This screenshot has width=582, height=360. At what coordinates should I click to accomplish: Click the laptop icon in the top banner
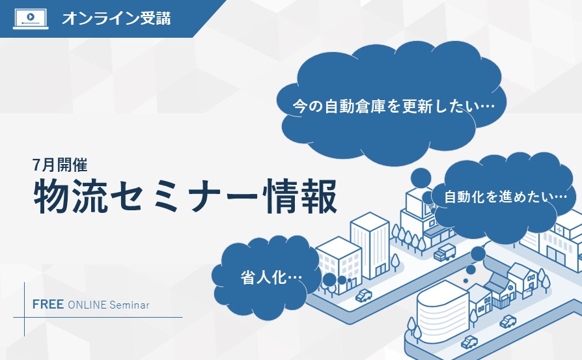point(31,19)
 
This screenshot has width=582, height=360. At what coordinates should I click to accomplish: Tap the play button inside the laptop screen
point(31,17)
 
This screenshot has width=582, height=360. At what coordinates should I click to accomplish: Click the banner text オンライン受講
point(116,18)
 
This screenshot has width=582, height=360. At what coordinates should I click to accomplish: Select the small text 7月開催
point(60,165)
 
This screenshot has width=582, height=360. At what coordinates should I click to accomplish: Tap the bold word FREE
point(48,305)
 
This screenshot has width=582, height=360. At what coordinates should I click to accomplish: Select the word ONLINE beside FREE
point(87,305)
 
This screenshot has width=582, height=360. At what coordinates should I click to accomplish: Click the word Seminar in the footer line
point(130,305)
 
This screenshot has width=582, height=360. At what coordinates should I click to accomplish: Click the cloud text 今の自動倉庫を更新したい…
point(393,106)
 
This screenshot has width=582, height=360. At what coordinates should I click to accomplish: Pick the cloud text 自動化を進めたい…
point(506,197)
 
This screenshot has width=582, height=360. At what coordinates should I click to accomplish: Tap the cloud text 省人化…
point(271,277)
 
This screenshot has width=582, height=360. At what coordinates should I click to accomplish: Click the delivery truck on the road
point(445,253)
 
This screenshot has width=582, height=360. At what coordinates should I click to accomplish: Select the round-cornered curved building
point(442,311)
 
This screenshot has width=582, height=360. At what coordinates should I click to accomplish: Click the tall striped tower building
point(370,245)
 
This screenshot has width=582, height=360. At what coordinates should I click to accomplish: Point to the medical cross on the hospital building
point(559,230)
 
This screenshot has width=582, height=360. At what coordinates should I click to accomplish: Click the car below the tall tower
point(364,296)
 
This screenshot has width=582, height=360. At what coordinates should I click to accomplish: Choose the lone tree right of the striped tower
point(395,262)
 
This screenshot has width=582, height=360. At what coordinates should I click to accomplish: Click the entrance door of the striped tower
point(380,271)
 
